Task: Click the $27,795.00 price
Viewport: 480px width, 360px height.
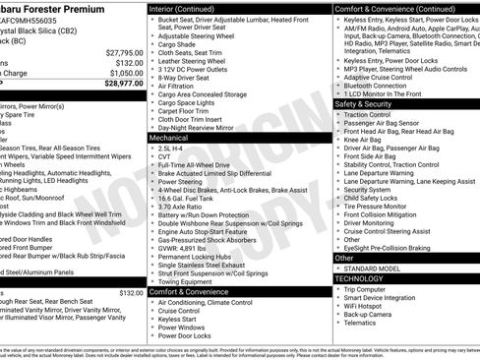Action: (x=124, y=52)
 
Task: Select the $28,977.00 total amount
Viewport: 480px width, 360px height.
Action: (x=124, y=84)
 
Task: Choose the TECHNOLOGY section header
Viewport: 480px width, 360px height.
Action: (x=359, y=278)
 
